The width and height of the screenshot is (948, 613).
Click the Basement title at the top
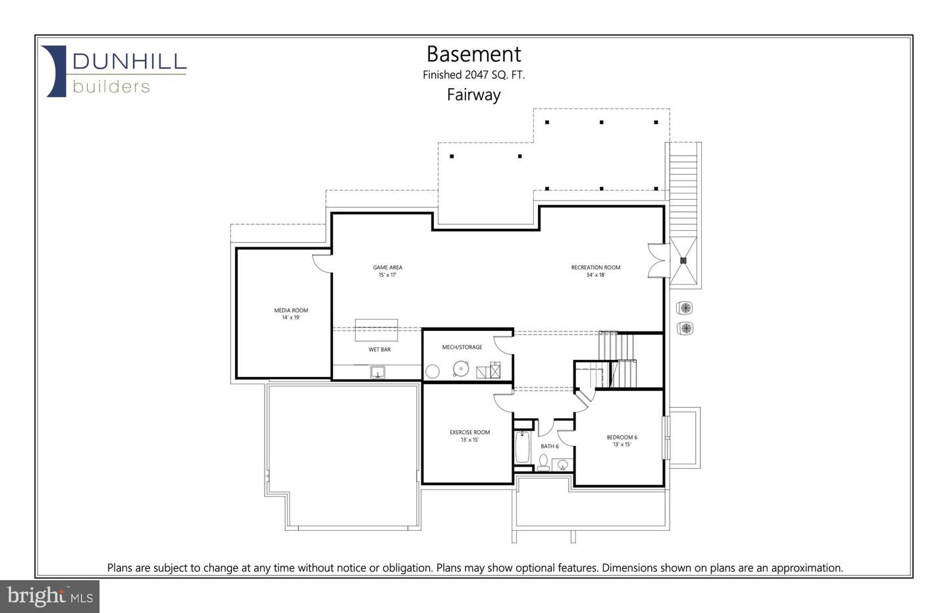473,54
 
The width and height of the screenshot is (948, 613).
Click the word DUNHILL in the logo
130,62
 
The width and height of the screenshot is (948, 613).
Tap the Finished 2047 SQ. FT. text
473,75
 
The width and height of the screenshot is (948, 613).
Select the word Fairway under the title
473,95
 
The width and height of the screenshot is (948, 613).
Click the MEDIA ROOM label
291,310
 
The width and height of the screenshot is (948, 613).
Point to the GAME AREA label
387,268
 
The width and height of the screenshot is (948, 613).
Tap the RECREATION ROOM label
595,268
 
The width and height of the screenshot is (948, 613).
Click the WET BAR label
379,349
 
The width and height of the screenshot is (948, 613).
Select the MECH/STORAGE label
461,347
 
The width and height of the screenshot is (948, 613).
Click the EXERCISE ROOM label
469,432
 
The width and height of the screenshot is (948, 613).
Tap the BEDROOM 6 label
621,437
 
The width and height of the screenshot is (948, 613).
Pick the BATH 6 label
549,446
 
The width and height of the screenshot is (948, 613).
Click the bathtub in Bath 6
523,447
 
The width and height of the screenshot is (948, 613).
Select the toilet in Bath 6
543,463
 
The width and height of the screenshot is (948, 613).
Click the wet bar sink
378,372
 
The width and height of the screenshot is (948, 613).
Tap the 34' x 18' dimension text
595,275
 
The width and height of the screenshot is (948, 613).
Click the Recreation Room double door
656,260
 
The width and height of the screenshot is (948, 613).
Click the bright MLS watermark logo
50,597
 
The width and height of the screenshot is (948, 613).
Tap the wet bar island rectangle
377,330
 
